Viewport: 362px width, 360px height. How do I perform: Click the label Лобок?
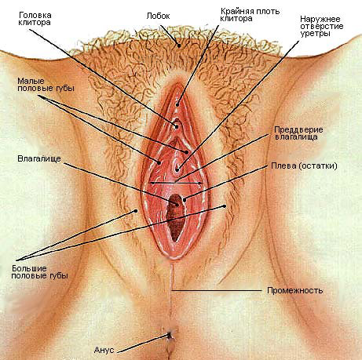click(x=158, y=16)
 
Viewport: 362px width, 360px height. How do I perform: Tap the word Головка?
click(x=35, y=16)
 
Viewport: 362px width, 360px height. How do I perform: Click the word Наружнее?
click(x=320, y=19)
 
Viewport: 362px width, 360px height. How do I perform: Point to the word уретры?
click(x=315, y=34)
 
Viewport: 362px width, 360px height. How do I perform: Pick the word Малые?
click(x=31, y=81)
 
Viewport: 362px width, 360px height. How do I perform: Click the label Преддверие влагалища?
click(x=298, y=133)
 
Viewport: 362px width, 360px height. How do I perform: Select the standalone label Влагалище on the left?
click(x=39, y=159)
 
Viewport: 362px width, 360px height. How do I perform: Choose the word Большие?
click(x=29, y=268)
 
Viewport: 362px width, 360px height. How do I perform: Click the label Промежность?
click(x=295, y=290)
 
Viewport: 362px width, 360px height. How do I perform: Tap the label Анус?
click(x=104, y=350)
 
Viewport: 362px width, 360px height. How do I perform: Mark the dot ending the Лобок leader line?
click(x=179, y=45)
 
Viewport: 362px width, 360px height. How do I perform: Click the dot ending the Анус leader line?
click(x=169, y=335)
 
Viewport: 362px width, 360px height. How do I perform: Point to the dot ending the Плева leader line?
click(x=185, y=200)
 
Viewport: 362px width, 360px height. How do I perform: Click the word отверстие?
click(x=322, y=27)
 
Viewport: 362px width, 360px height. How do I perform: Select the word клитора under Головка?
click(x=35, y=23)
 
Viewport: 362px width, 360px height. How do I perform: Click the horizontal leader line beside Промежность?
click(x=217, y=290)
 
